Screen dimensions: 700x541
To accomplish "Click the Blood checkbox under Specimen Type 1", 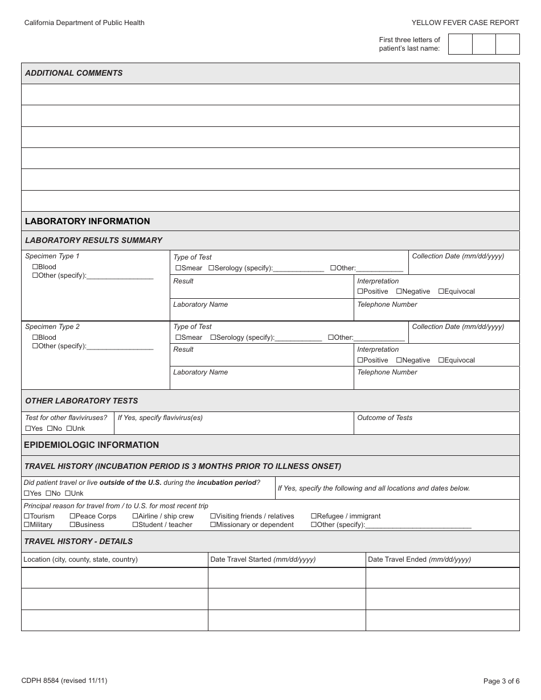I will [x=35, y=267].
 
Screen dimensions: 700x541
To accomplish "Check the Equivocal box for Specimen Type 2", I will [x=441, y=360].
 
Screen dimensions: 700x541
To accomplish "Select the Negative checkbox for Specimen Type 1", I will [x=399, y=291].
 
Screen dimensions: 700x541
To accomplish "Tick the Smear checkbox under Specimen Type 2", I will [x=178, y=337].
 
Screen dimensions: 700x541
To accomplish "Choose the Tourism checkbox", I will [x=27, y=516].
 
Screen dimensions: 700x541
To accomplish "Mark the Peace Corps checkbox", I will [x=72, y=516].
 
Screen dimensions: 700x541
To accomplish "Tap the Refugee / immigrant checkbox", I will [x=314, y=516].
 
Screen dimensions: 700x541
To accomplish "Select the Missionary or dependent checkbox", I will [x=213, y=525].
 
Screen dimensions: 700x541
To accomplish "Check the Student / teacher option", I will [x=136, y=525].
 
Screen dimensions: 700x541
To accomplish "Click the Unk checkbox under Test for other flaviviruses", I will [x=69, y=429].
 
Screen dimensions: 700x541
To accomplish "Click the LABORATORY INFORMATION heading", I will [x=88, y=221].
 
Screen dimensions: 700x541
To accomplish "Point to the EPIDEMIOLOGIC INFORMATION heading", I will [x=92, y=445].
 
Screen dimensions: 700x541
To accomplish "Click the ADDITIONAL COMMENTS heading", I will [x=74, y=73].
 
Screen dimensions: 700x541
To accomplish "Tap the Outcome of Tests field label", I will [x=384, y=418].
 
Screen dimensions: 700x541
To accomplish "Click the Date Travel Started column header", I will [x=263, y=559].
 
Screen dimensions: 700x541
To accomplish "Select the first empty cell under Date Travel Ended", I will [x=442, y=578].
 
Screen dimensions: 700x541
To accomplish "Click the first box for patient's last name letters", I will [x=460, y=44].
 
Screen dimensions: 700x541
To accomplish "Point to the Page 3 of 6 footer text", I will [x=501, y=681].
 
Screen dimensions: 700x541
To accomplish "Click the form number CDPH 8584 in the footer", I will [x=64, y=681].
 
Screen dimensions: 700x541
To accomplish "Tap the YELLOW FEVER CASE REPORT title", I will [x=465, y=23].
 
